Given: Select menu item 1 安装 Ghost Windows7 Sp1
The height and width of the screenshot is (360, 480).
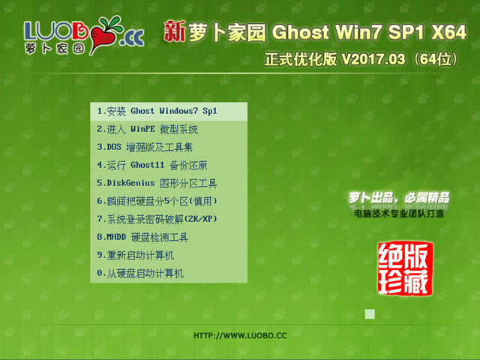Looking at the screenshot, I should (x=157, y=111).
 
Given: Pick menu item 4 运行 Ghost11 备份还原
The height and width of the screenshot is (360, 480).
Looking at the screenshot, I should (x=152, y=165).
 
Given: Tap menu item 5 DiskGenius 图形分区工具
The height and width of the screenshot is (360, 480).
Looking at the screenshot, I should (x=157, y=183).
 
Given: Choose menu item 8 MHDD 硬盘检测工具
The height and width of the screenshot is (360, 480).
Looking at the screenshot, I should (x=142, y=237).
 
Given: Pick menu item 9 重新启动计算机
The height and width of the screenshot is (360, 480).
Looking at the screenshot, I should (x=135, y=255).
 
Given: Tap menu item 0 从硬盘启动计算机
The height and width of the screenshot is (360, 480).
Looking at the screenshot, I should (x=140, y=274).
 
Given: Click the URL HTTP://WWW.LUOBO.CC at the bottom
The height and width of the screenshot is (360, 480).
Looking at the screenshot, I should (x=240, y=335).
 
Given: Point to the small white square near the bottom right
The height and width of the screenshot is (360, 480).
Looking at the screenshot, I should (x=369, y=314).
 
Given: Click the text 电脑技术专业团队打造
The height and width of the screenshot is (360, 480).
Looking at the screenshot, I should (x=399, y=214).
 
